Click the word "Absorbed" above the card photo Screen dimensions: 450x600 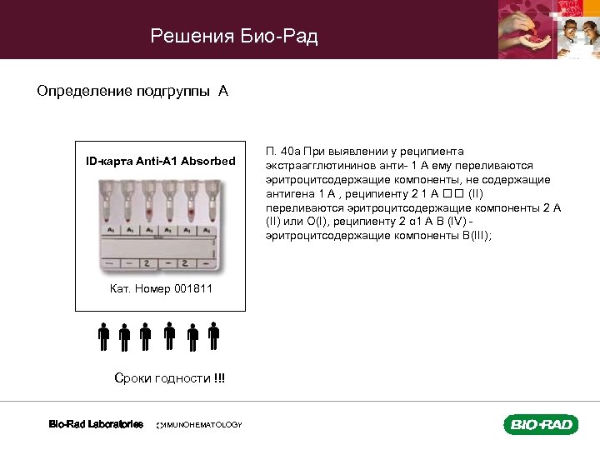[x=209, y=160]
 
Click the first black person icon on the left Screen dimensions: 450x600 [x=103, y=337]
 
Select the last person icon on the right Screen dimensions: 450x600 [x=214, y=337]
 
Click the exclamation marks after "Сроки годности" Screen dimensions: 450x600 [x=219, y=378]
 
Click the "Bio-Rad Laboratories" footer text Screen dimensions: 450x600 [x=96, y=424]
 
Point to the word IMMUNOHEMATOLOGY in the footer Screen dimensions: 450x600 [x=200, y=425]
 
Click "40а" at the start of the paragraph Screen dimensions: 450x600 [x=290, y=152]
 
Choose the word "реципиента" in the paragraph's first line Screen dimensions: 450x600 [x=430, y=152]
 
